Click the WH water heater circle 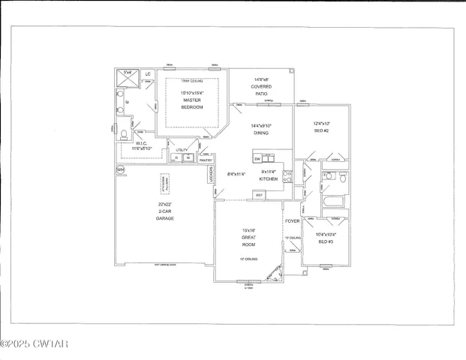tap(120, 170)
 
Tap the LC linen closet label tap(148, 74)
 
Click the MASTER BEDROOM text tap(191, 103)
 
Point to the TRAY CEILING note tap(191, 80)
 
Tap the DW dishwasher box tap(257, 159)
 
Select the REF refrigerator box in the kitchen tap(259, 194)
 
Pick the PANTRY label tap(206, 160)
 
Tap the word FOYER tap(292, 222)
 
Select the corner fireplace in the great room tap(278, 275)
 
